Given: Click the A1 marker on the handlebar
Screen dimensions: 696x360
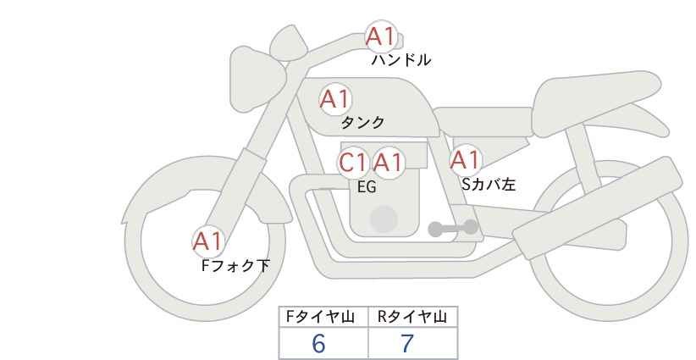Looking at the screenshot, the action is pos(381,36).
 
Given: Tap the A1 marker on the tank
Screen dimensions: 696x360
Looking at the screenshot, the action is pos(335,99).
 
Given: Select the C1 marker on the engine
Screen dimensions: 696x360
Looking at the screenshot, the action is pos(353,162).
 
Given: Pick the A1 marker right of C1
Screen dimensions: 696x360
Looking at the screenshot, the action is pos(388,162).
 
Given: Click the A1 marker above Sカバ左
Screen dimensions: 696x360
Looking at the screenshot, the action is pos(465,159).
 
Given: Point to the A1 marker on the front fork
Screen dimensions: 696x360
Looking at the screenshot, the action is pos(207,241).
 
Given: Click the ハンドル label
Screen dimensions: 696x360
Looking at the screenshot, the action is pos(400,59).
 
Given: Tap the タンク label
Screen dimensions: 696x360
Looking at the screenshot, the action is pos(362,122).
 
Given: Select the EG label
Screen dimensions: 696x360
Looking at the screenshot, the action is pos(367,187).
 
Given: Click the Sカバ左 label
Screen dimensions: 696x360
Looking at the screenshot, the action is pos(489,184).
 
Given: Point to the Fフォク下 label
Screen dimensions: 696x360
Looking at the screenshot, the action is pos(235,265).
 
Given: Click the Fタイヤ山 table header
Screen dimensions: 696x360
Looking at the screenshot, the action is pos(320,317).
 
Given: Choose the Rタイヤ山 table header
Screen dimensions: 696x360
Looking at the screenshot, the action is pos(412,317).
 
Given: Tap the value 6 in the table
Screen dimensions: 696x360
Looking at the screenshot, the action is pos(318,343).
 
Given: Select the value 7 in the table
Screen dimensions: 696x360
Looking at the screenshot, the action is pos(406,343).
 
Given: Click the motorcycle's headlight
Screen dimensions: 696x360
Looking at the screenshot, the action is pos(257,80).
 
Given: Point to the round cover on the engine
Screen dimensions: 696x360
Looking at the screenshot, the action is pos(384,219).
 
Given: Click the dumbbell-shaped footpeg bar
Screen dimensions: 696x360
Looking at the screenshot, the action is pos(453,228).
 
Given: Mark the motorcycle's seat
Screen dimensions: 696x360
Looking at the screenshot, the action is pos(594,104).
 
